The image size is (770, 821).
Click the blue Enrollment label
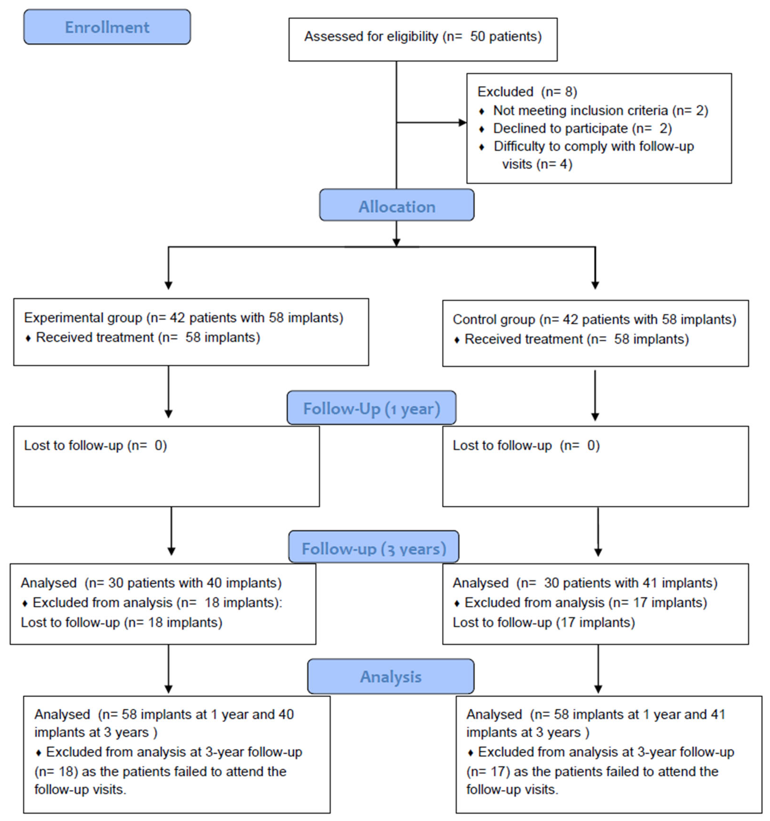point(107,27)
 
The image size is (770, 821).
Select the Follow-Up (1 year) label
point(371,408)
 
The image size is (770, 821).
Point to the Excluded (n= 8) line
point(527,92)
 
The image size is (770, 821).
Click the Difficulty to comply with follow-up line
point(593,146)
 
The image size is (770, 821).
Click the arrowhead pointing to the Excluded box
point(463,123)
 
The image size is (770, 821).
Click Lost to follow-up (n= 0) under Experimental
point(95,445)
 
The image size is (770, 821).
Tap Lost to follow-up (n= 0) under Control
point(526,445)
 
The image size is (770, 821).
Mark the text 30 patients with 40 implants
point(194,583)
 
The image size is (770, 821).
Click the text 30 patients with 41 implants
point(630,583)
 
